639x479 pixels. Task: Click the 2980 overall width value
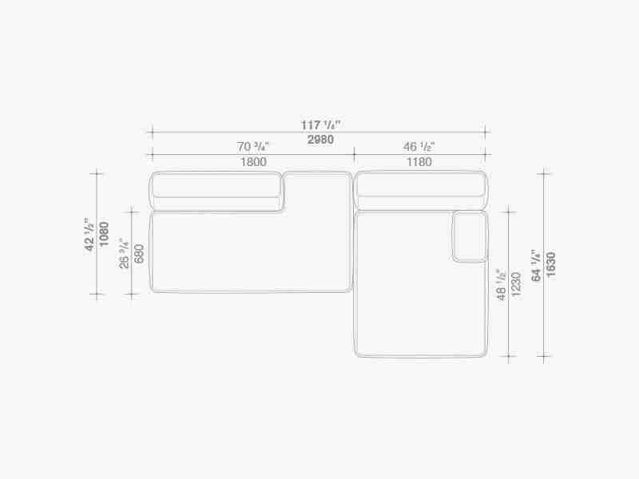[320, 140]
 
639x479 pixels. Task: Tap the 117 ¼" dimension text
[320, 125]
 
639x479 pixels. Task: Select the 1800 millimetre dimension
[253, 162]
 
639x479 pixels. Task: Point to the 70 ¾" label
[253, 146]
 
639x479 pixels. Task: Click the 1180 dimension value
[419, 162]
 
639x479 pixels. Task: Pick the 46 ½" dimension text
[419, 146]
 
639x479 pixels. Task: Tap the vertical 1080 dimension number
[105, 234]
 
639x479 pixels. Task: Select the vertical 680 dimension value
[139, 253]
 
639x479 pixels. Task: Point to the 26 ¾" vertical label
[124, 253]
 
